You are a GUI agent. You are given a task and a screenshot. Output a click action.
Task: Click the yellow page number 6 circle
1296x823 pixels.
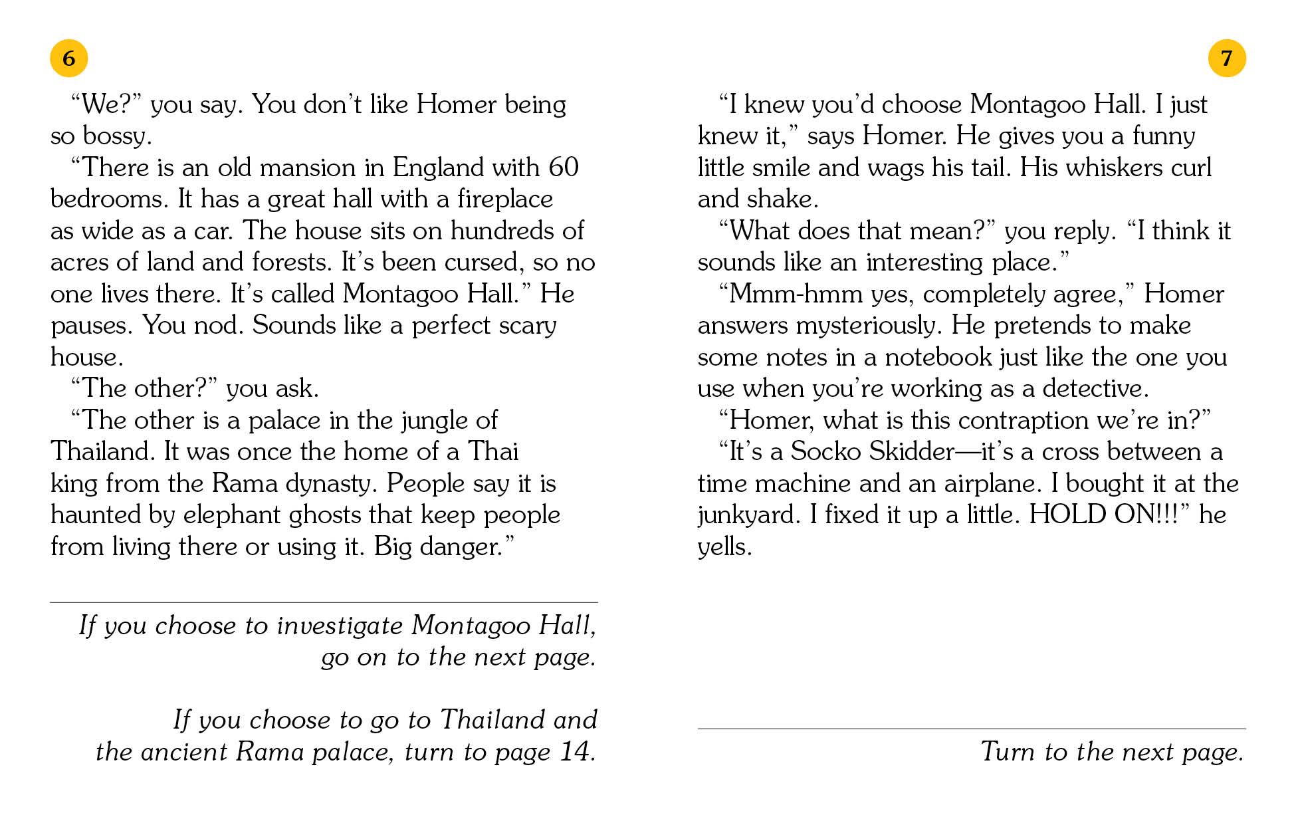click(69, 59)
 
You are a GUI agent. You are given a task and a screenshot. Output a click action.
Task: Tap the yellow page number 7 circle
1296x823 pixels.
click(1226, 59)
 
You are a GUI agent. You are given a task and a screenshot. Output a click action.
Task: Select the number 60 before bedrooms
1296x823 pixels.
click(564, 168)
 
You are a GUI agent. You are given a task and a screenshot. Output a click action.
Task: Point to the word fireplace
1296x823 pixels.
click(504, 199)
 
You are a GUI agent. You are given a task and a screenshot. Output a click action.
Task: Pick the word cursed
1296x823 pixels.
click(481, 263)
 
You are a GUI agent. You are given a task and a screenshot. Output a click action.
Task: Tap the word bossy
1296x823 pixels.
click(117, 136)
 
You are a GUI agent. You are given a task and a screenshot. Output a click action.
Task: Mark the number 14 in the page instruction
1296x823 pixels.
click(576, 752)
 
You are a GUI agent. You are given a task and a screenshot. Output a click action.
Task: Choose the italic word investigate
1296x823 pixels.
click(340, 626)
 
